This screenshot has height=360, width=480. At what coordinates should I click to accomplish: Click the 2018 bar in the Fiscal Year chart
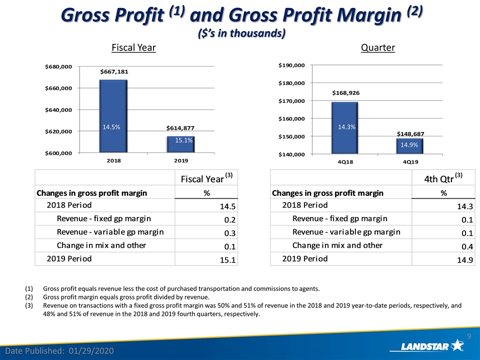click(x=113, y=116)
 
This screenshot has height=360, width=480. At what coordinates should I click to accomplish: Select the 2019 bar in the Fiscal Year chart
click(x=180, y=144)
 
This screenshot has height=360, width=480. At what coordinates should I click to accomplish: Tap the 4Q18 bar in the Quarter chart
click(x=344, y=128)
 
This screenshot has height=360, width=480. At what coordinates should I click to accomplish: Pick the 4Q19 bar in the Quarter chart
click(x=409, y=146)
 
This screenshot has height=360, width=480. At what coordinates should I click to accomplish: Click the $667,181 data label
click(x=114, y=71)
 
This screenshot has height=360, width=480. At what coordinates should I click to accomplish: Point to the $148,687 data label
click(x=410, y=134)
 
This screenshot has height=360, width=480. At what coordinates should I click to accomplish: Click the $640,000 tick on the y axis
click(x=58, y=110)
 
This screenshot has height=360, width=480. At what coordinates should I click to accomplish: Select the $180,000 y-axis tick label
click(x=291, y=83)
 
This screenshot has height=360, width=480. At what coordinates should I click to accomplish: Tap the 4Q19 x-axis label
click(x=410, y=162)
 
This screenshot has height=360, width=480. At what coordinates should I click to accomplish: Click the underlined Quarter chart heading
click(x=378, y=48)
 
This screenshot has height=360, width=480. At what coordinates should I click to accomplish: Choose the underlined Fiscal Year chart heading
click(x=134, y=48)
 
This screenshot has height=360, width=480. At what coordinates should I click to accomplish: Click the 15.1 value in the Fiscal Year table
click(x=227, y=260)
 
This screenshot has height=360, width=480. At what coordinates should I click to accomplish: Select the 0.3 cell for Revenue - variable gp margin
click(x=229, y=233)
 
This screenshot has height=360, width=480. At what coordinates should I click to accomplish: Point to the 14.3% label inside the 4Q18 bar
click(x=346, y=127)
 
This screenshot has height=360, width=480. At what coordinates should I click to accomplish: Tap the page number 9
click(x=469, y=336)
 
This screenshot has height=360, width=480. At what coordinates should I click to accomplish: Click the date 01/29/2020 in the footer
click(x=91, y=351)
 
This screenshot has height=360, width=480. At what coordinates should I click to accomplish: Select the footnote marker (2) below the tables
click(x=29, y=297)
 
